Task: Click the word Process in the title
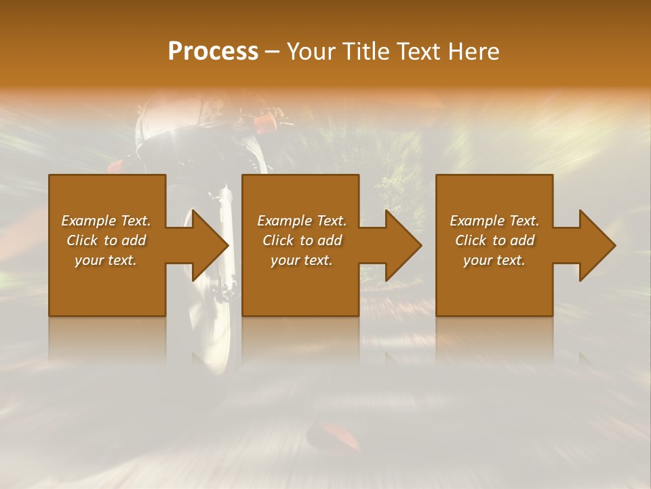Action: coord(213,52)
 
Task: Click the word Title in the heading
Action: coord(366,52)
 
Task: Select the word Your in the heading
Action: coord(311,52)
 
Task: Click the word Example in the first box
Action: coord(88,221)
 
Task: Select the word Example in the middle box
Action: coord(284,221)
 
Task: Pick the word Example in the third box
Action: coord(477,221)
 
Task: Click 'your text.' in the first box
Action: coord(106,260)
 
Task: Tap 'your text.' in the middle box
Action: coord(302,260)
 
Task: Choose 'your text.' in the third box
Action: coord(494,260)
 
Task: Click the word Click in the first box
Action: coord(81,240)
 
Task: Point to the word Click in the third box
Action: coord(471,240)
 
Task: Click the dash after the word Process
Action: coord(273,52)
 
